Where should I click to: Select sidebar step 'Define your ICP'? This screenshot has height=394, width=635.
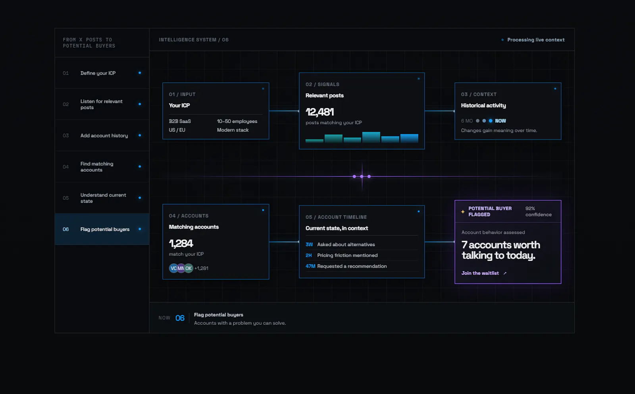pyautogui.click(x=98, y=73)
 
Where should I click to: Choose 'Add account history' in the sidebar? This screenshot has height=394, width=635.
pyautogui.click(x=104, y=135)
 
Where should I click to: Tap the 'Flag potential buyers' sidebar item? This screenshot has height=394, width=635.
pyautogui.click(x=105, y=229)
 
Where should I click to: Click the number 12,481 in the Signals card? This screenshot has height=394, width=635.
pyautogui.click(x=319, y=112)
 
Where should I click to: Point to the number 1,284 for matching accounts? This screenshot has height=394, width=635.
pyautogui.click(x=181, y=243)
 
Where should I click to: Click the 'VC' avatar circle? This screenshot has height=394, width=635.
pyautogui.click(x=173, y=268)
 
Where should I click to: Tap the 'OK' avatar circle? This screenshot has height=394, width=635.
pyautogui.click(x=189, y=268)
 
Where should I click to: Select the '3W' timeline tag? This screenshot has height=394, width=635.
pyautogui.click(x=309, y=245)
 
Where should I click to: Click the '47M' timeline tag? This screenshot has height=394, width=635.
pyautogui.click(x=310, y=266)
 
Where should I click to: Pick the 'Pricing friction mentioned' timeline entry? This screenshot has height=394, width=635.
pyautogui.click(x=347, y=255)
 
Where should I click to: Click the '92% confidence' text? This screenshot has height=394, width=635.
pyautogui.click(x=538, y=212)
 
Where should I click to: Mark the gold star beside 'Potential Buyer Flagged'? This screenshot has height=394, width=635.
pyautogui.click(x=463, y=212)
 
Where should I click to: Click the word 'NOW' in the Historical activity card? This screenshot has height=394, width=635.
pyautogui.click(x=500, y=121)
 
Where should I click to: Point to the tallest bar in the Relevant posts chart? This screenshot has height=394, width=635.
pyautogui.click(x=371, y=137)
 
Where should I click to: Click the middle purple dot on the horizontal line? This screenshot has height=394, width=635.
pyautogui.click(x=362, y=176)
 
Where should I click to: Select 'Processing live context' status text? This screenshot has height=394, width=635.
pyautogui.click(x=536, y=40)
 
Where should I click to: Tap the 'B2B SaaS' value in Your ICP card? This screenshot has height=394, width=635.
pyautogui.click(x=180, y=121)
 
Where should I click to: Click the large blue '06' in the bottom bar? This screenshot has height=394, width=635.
pyautogui.click(x=180, y=318)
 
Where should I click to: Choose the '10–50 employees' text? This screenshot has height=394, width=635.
pyautogui.click(x=237, y=121)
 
